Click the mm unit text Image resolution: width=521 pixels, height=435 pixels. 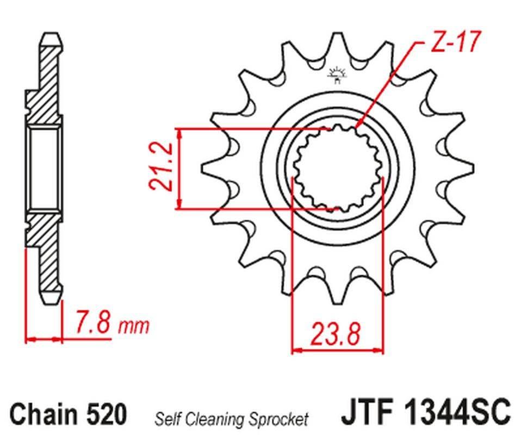pos(134,326)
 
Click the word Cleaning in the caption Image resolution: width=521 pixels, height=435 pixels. pos(212,419)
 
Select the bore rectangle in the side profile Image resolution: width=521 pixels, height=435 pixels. pos(45,168)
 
